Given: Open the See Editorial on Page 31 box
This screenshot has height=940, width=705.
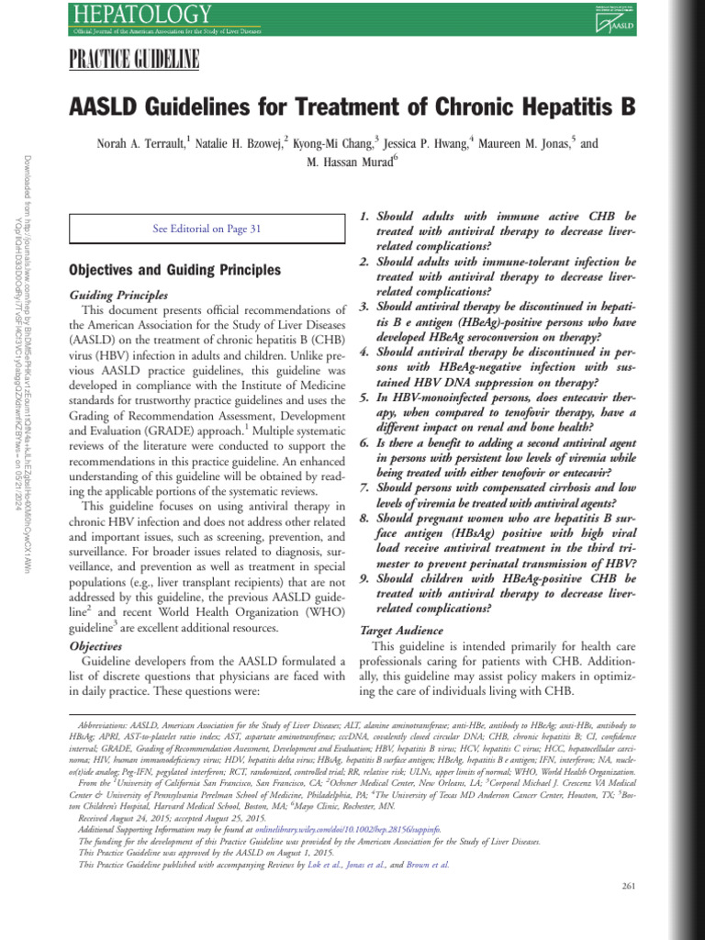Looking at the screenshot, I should point(207,229).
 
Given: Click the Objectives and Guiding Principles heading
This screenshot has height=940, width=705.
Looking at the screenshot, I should point(175,271).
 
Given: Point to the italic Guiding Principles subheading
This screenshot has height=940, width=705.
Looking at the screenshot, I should point(118,296).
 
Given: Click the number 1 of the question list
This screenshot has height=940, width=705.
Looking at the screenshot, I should point(364,216).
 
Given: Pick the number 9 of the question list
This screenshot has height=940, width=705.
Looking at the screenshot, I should point(364,578).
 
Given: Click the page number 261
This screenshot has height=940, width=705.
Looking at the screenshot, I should point(629,886).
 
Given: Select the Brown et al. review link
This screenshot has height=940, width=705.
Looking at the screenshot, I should point(427,864).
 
